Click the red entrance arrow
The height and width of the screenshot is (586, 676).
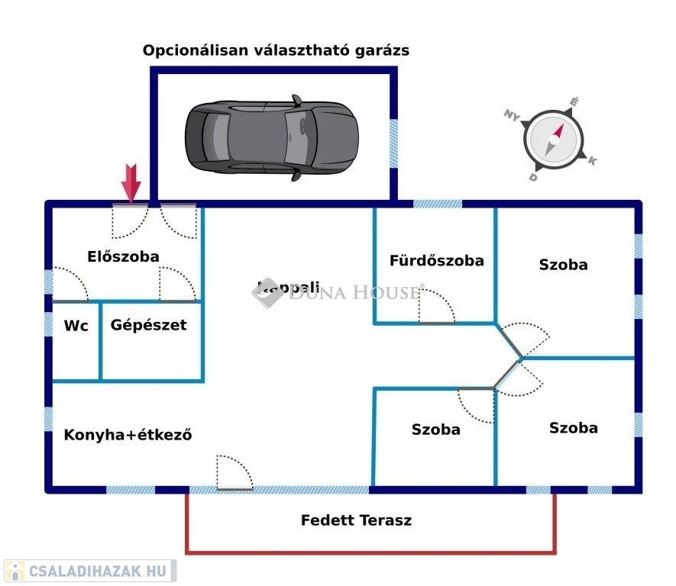131,183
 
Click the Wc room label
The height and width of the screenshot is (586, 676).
76,326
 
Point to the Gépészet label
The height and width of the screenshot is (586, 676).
148,325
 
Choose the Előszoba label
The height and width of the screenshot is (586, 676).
123,256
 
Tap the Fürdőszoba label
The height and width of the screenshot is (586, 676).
436,260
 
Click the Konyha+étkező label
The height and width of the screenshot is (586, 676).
128,436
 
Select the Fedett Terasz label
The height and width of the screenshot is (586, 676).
356,520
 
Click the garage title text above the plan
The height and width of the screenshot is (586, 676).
276,51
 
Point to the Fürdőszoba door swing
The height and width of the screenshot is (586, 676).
435,306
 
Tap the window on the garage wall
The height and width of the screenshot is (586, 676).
394,143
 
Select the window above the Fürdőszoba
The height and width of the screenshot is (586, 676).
438,204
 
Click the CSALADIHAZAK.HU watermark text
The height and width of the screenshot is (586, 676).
99,571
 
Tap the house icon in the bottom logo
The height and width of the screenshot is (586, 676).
15,571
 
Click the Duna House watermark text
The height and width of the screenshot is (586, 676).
354,291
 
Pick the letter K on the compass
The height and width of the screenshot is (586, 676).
592,160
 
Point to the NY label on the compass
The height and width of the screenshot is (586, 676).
511,114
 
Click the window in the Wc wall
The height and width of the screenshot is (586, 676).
48,325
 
